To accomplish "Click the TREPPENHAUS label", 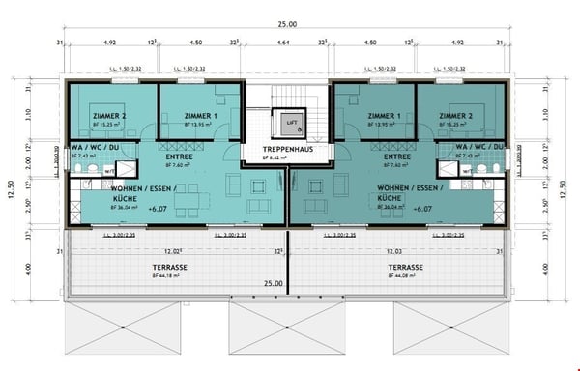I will point(287,150).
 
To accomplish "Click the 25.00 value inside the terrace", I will point(274,283).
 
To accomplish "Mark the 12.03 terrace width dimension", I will point(395,250).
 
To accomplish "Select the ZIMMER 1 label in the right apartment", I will point(386,116).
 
